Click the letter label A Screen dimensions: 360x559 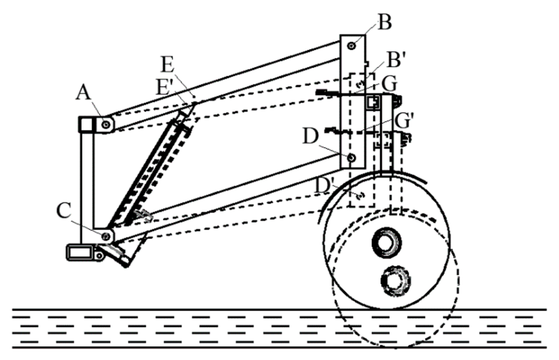pyautogui.click(x=83, y=93)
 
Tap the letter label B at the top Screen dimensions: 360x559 pyautogui.click(x=384, y=23)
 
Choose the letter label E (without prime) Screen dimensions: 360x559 pyautogui.click(x=168, y=65)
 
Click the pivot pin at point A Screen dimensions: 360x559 pyautogui.click(x=106, y=125)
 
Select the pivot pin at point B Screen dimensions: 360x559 pyautogui.click(x=351, y=46)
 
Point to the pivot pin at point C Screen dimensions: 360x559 pyautogui.click(x=106, y=236)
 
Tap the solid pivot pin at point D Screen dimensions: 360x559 pyautogui.click(x=351, y=158)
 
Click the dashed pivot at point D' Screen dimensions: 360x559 pyautogui.click(x=360, y=196)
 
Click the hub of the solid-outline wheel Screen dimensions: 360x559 pyautogui.click(x=387, y=244)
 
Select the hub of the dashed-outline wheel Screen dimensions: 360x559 pyautogui.click(x=396, y=280)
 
